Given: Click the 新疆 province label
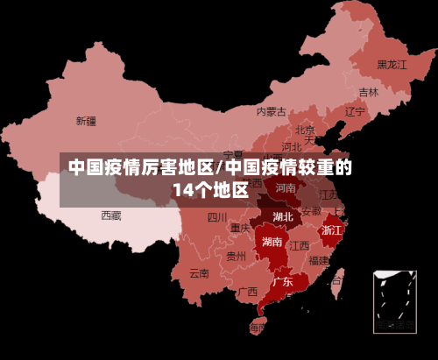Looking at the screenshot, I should tap(86, 121).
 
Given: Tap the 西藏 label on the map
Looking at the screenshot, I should tap(111, 215).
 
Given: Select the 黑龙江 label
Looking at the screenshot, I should tap(392, 64).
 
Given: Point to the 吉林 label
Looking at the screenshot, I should tap(369, 92).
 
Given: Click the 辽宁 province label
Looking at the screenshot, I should tap(355, 111).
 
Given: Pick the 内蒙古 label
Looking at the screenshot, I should tap(272, 111).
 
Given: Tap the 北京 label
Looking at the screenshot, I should tap(305, 130).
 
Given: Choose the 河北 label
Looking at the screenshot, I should tap(293, 146).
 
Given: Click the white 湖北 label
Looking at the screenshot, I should tap(283, 216).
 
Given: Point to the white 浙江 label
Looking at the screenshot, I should tap(332, 229).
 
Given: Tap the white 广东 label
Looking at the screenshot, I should tap(282, 282).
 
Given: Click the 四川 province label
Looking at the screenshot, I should tap(217, 217).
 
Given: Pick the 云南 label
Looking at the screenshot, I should tap(200, 272).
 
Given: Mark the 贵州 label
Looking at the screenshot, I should tap(236, 257).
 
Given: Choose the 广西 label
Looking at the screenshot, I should tap(247, 291).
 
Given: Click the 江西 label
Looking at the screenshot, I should tap(300, 245).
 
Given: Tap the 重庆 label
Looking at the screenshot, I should tap(241, 228).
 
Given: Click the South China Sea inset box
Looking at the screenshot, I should tap(394, 301).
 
